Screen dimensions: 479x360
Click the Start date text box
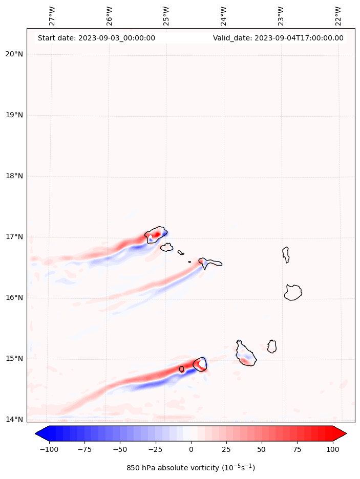[x=96, y=38]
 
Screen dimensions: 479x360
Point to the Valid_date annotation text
[x=278, y=38]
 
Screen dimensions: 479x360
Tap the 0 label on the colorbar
[x=191, y=449]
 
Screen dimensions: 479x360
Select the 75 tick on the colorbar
[x=297, y=449]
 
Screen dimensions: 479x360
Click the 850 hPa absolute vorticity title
[x=190, y=468]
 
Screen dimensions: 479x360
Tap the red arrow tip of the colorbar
[x=341, y=433]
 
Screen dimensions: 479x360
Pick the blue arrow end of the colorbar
[x=40, y=433]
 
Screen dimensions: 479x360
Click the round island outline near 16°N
[x=293, y=292]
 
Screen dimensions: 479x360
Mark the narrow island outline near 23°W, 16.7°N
[x=286, y=254]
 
